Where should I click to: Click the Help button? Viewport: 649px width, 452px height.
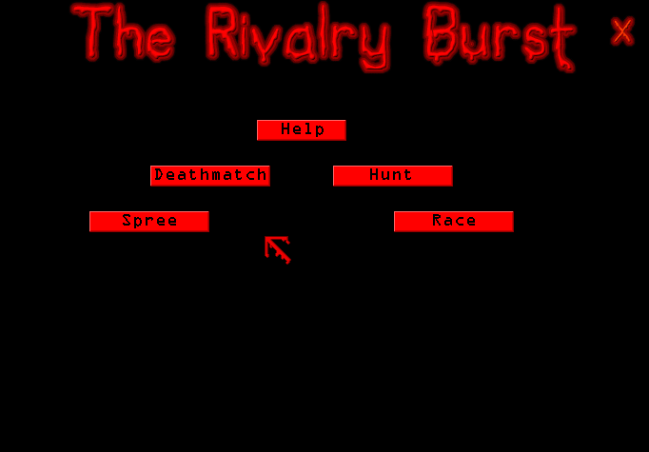(302, 130)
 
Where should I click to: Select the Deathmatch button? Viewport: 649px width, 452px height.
(210, 176)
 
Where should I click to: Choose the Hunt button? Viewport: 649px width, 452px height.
(393, 176)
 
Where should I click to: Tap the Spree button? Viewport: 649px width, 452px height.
(149, 222)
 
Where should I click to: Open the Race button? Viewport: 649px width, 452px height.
(454, 222)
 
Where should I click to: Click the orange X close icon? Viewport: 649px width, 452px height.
(622, 31)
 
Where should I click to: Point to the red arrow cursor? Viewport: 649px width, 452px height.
(278, 249)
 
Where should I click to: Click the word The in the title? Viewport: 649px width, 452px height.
(124, 31)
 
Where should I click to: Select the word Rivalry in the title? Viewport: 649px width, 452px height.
(299, 36)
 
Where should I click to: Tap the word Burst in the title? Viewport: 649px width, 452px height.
(500, 36)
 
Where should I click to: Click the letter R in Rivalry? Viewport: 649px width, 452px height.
(223, 31)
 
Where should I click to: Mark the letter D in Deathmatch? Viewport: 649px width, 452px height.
(159, 175)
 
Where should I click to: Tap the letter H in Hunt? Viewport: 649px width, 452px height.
(375, 174)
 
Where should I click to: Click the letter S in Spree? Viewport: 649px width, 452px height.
(128, 220)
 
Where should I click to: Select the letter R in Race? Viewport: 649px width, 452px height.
(437, 220)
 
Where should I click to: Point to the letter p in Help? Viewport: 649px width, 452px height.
(319, 130)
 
